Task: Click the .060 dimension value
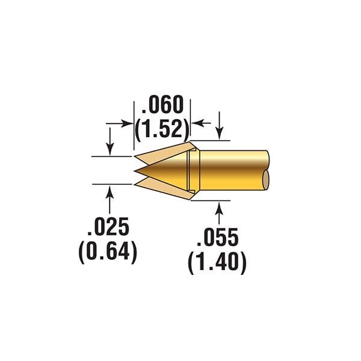[x=162, y=105]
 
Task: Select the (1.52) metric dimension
[x=162, y=129]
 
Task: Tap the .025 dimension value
[x=108, y=227]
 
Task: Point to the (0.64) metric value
[x=108, y=251]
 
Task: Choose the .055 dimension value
[x=218, y=238]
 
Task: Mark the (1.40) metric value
[x=217, y=262]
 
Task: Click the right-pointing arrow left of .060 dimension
[x=120, y=123]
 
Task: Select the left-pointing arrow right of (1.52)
[x=201, y=123]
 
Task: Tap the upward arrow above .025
[x=110, y=200]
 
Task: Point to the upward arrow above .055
[x=219, y=213]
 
